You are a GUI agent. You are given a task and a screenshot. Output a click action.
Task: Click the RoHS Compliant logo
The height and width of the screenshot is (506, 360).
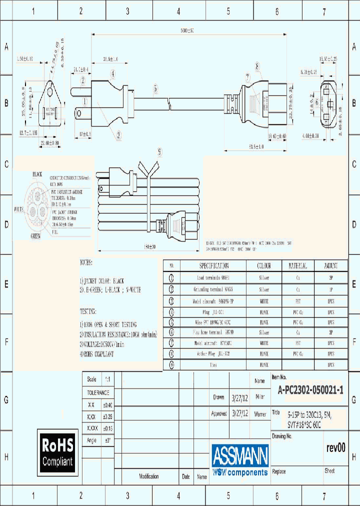click(57, 451)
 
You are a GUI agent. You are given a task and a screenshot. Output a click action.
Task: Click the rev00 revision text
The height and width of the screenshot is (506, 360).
click(335, 447)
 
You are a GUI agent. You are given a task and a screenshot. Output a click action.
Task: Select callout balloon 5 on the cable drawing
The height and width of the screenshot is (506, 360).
click(155, 88)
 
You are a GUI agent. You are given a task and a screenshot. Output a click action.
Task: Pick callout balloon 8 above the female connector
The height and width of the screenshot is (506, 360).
click(257, 66)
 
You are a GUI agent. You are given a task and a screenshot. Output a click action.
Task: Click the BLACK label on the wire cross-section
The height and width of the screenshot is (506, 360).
click(37, 174)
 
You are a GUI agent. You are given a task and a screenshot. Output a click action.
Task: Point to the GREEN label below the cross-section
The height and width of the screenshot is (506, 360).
click(35, 236)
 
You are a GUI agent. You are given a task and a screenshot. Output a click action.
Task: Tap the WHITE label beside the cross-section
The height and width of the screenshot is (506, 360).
click(19, 208)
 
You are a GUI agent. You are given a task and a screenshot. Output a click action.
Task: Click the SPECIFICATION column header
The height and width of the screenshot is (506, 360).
click(214, 266)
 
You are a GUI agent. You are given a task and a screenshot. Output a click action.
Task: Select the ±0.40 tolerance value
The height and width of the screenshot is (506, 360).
click(107, 405)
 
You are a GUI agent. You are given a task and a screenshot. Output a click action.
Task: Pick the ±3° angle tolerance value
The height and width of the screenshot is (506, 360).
click(107, 440)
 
